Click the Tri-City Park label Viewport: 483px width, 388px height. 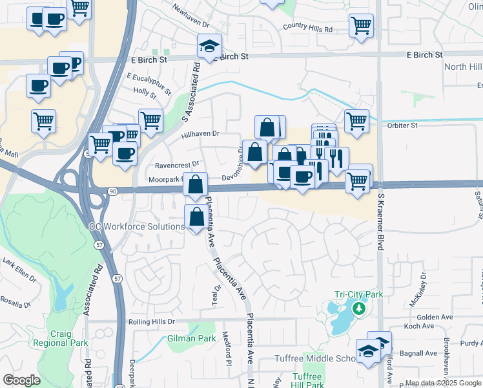pos(358,294)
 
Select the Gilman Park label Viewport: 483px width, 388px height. pos(191,338)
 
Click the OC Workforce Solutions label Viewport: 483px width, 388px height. pos(136,226)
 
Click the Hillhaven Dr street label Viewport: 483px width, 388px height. pos(201,133)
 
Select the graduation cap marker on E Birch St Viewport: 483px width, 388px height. pos(209,46)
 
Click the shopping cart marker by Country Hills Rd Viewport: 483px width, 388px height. pos(361,26)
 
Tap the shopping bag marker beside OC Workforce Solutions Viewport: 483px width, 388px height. pos(197,217)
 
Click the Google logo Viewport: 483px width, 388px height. pos(21,380)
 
